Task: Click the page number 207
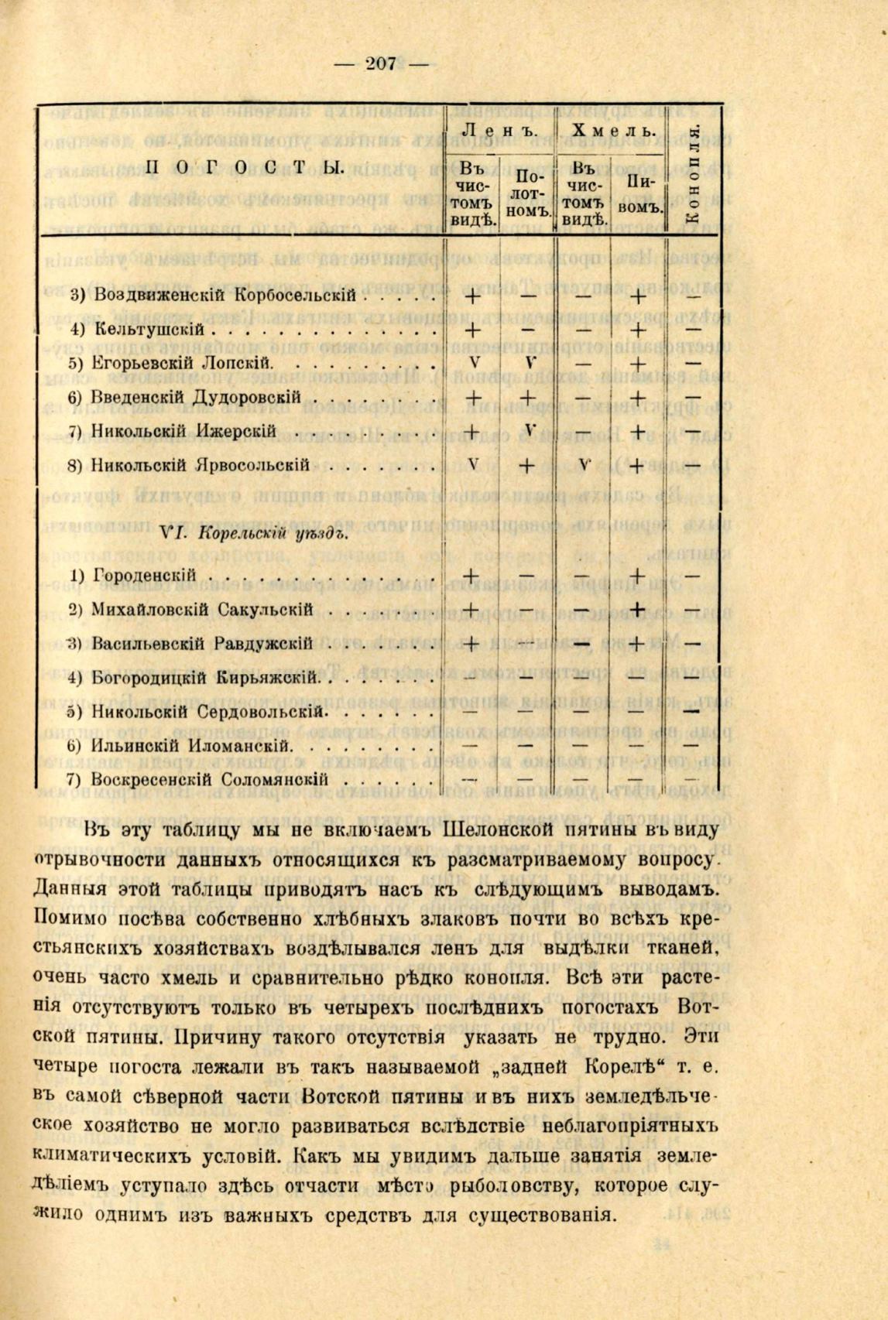379,64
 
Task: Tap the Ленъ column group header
499,132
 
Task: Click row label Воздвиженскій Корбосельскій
225,295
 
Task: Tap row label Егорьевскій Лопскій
181,363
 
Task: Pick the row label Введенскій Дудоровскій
196,397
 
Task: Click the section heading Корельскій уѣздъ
255,532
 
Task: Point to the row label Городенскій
144,576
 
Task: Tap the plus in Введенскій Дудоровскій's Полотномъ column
526,398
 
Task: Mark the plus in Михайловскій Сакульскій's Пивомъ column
636,610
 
